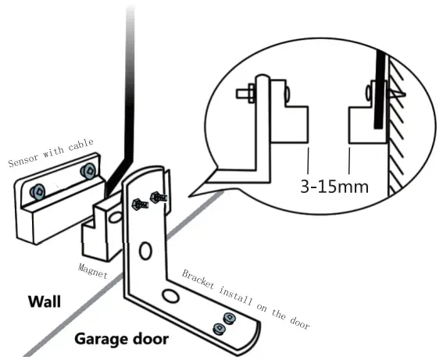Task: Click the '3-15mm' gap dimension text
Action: coord(334,187)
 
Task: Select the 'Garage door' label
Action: coord(120,340)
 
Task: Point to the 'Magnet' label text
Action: coord(92,270)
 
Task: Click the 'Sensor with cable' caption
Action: coord(51,153)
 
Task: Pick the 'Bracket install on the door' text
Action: coord(245,298)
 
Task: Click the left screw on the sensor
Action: coord(37,190)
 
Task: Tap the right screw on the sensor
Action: coord(88,170)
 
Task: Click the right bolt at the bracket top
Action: coord(159,196)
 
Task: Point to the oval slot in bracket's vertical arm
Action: coord(146,251)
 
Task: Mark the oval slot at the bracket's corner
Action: coord(170,296)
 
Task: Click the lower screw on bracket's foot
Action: coord(221,330)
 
